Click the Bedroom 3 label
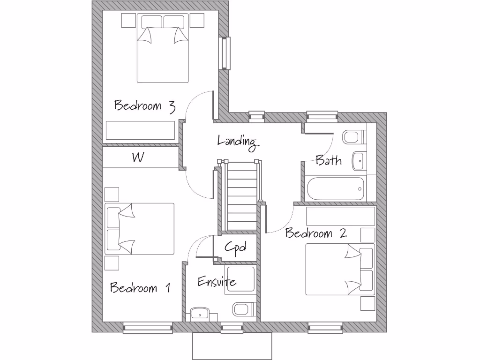145,106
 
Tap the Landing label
238,142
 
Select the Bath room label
328,161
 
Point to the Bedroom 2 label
316,233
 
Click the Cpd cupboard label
235,247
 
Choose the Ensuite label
217,282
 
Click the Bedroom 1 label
140,287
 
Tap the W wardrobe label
138,158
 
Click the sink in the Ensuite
200,314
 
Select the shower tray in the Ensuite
240,280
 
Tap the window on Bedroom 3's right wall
226,53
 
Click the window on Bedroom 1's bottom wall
148,328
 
